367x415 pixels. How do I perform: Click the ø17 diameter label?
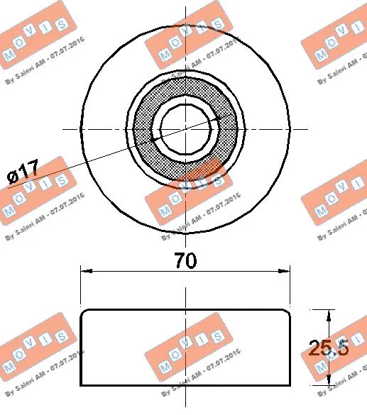point(23,172)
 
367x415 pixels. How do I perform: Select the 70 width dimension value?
point(185,260)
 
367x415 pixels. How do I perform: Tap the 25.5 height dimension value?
point(328,348)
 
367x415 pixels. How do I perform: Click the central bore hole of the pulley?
point(186,128)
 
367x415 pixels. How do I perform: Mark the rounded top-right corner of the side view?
point(287,313)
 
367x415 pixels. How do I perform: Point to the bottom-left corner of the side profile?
point(81,386)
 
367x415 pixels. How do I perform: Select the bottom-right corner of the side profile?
point(290,386)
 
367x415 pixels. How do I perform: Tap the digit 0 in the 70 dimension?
point(193,260)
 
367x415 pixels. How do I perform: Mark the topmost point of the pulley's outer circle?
point(186,25)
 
